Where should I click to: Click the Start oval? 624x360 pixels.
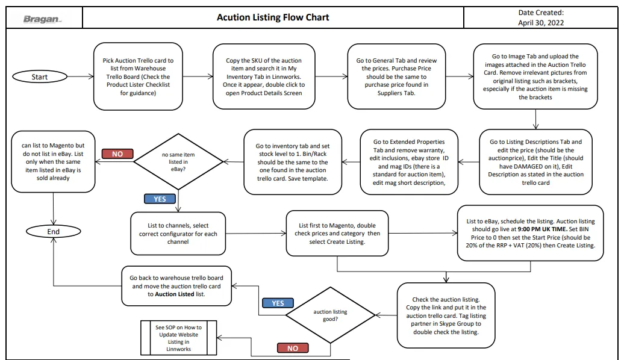click(40, 76)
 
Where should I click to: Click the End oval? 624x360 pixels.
click(54, 232)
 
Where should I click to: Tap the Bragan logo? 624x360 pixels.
click(42, 19)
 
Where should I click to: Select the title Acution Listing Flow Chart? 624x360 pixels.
click(273, 17)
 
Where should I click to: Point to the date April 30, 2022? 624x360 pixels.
click(541, 23)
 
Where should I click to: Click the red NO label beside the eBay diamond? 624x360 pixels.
click(117, 154)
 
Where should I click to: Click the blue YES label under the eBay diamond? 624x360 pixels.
click(160, 199)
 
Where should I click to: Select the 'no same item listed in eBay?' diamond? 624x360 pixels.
click(178, 161)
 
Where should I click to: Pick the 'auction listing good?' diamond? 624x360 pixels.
click(330, 315)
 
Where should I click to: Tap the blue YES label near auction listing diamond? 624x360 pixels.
click(278, 303)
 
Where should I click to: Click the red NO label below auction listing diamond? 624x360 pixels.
click(293, 349)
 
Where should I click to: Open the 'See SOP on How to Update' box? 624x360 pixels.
click(179, 338)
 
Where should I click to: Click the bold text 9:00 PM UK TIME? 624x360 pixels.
click(543, 229)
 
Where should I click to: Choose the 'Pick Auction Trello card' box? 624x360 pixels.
click(138, 76)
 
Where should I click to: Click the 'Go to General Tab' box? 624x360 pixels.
click(396, 76)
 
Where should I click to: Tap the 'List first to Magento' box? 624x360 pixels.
click(337, 234)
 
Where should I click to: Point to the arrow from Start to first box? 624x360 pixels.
click(80, 76)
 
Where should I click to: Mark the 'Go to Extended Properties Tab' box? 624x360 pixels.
click(409, 162)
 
